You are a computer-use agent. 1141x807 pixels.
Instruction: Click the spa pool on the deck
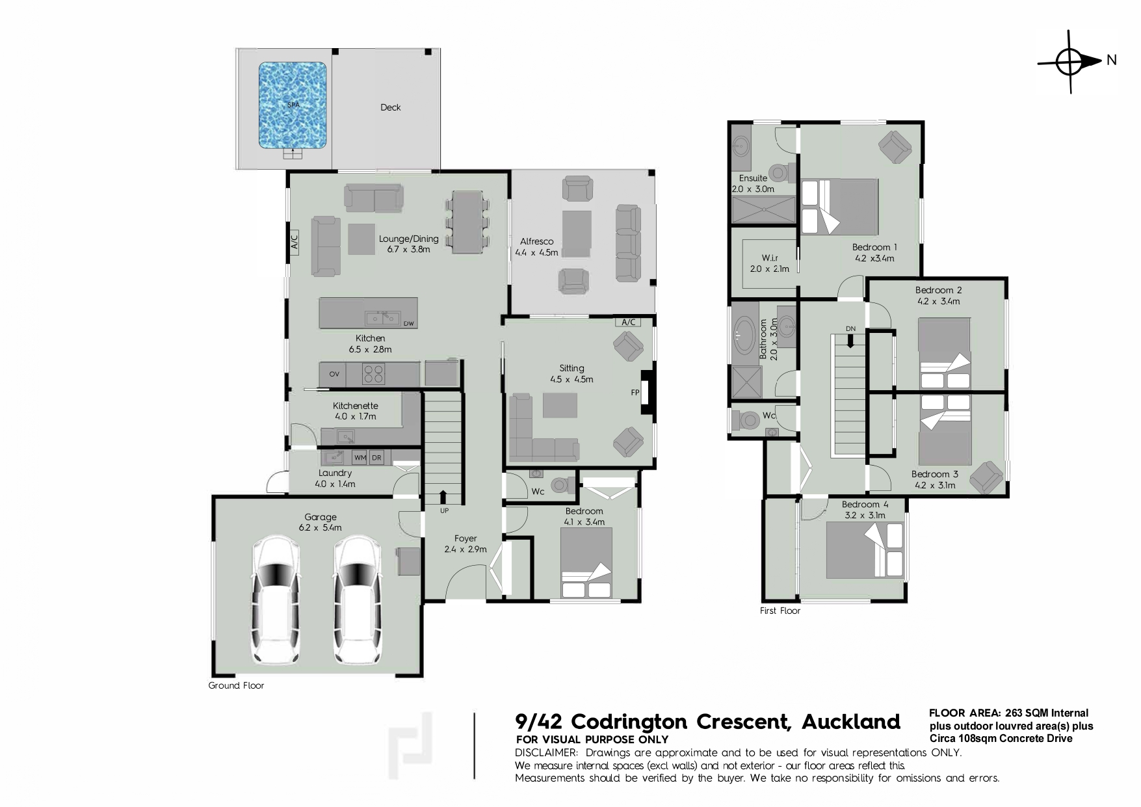(x=293, y=105)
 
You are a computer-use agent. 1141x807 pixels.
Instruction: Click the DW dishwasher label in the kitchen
(x=408, y=324)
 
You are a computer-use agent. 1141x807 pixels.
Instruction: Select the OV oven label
(x=334, y=374)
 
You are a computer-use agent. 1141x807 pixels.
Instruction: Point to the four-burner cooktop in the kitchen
(x=373, y=374)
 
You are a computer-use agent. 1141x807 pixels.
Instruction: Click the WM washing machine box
(x=360, y=458)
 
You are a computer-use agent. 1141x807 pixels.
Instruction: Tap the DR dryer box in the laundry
(x=376, y=458)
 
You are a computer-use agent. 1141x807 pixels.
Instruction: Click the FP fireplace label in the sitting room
(x=635, y=393)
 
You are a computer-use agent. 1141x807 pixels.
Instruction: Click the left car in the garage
(x=276, y=600)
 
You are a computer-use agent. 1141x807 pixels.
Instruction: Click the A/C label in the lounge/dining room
(x=293, y=242)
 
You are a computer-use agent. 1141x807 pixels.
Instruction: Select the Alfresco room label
(x=536, y=241)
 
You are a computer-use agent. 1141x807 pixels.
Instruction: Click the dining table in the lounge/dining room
(x=467, y=222)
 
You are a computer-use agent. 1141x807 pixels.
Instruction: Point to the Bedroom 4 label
(x=865, y=505)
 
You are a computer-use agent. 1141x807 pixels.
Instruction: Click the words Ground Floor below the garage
(x=236, y=685)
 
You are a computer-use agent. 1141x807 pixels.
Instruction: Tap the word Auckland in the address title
(x=850, y=722)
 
